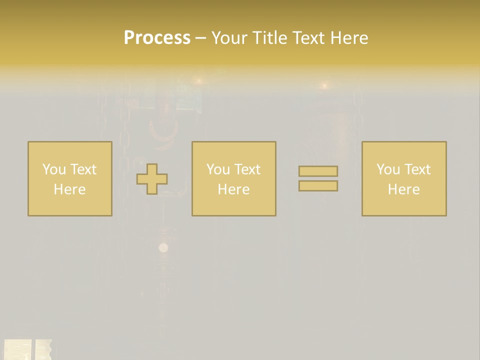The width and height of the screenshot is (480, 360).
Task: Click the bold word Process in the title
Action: [x=157, y=38]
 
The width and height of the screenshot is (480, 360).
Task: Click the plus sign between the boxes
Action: [x=152, y=179]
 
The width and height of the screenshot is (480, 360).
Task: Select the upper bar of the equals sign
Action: [x=318, y=171]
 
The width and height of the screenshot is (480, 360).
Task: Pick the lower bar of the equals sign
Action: [x=318, y=185]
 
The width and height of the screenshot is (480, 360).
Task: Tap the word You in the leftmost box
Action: [x=54, y=169]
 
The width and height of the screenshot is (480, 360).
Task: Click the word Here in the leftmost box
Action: [x=69, y=189]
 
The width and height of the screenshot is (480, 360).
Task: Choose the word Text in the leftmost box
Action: [x=82, y=169]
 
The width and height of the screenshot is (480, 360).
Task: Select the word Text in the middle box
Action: [x=246, y=169]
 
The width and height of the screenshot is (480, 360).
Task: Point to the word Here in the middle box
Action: [x=233, y=189]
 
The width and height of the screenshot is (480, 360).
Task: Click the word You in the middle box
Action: [x=218, y=169]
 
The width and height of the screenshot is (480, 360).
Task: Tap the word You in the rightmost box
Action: [x=388, y=169]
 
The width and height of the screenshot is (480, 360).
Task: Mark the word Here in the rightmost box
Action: [x=403, y=189]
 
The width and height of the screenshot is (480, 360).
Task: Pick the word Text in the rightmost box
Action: [x=416, y=169]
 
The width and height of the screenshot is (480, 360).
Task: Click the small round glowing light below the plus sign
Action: [x=163, y=247]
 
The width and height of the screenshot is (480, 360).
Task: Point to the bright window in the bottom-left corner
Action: [x=25, y=349]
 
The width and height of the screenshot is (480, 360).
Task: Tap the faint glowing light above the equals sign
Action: [x=324, y=86]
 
